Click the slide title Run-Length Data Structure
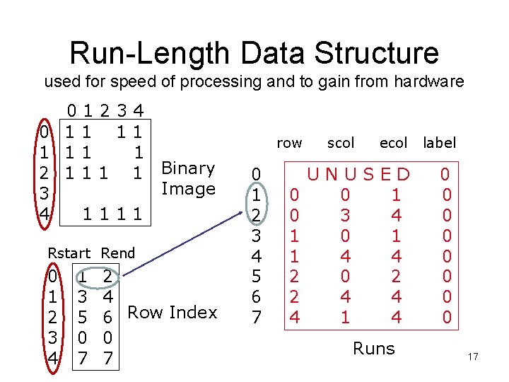coord(255,52)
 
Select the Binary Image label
coord(188,178)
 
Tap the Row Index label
coord(172,312)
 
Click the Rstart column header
coord(69,253)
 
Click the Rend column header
coord(118,253)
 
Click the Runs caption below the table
coord(373,348)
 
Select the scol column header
coord(341,143)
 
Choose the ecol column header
coord(393,143)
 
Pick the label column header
coord(439,143)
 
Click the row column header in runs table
coord(289,143)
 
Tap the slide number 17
coord(473,357)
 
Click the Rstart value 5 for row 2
coord(83,312)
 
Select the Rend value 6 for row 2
coord(107,312)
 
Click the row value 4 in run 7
coord(296,318)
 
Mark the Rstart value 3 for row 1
coord(83,292)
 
